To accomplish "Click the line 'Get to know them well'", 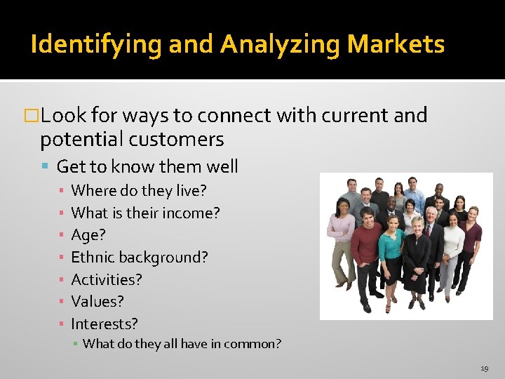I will (147, 167).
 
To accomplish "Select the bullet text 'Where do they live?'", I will (139, 190).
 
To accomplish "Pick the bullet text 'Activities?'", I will (107, 280).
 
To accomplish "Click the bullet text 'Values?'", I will (97, 302).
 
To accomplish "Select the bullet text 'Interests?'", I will (105, 324).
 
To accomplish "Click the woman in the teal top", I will (391, 249).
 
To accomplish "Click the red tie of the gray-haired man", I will (428, 230).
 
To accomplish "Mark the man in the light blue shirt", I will (413, 197).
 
